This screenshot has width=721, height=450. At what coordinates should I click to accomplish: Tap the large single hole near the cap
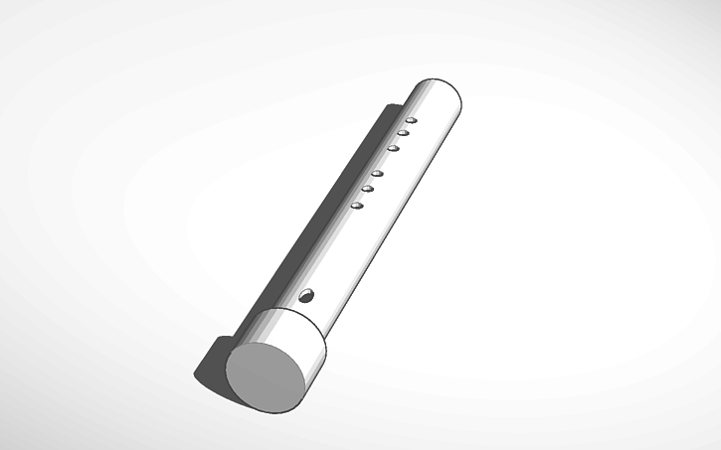(x=306, y=295)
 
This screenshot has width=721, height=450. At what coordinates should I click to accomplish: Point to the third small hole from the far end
(x=394, y=148)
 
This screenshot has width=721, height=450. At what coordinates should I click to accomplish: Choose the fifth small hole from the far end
(x=367, y=189)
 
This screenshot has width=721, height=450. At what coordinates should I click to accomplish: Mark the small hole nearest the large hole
(x=357, y=206)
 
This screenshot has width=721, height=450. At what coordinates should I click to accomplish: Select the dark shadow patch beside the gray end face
(x=213, y=363)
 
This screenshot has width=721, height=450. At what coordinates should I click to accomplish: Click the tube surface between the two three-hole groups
(x=386, y=163)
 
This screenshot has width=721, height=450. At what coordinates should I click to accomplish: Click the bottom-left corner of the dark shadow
(x=197, y=375)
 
